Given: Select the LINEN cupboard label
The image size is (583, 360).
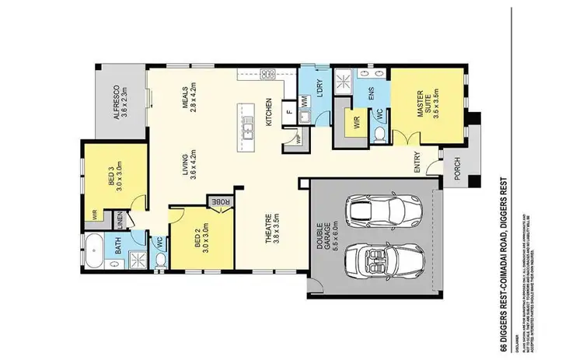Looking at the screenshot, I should click(x=120, y=221).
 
